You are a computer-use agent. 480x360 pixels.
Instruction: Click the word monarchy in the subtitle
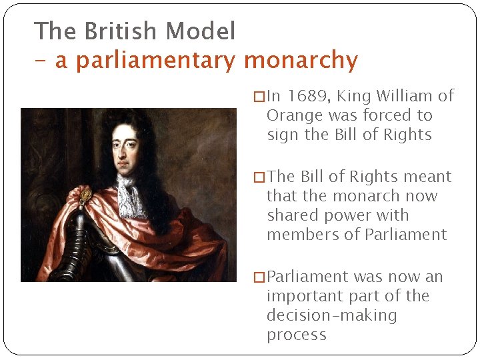[301, 61]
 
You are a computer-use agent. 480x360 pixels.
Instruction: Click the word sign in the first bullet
[282, 135]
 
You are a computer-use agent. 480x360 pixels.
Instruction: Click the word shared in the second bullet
[291, 215]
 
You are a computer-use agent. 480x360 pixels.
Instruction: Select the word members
[303, 235]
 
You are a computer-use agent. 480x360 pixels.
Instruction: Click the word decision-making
[331, 315]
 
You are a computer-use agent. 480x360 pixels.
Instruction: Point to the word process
[297, 335]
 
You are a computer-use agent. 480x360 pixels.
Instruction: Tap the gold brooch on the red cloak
[85, 195]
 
